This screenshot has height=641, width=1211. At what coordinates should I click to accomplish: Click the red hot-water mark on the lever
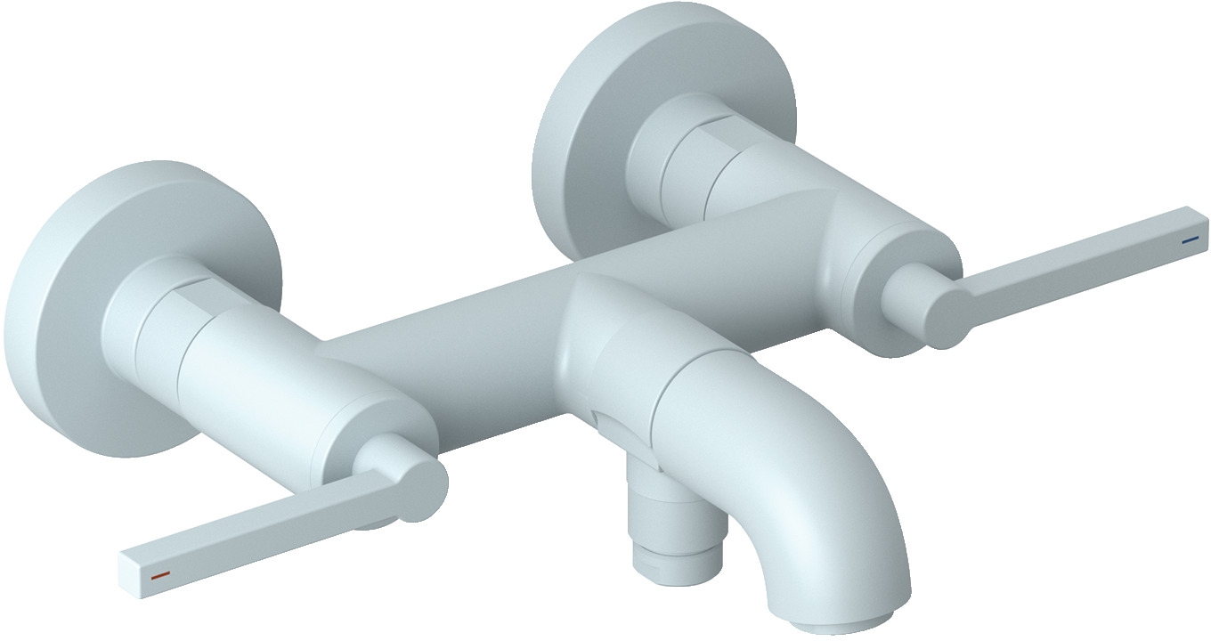(x=160, y=576)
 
